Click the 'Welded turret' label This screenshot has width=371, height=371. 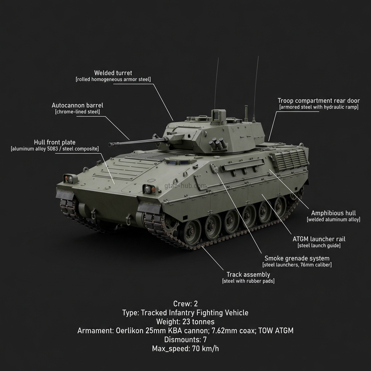(x=113, y=73)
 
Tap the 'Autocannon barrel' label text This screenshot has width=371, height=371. (x=77, y=105)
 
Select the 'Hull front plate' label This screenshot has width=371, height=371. (x=55, y=142)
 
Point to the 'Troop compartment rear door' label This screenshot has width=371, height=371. (x=318, y=101)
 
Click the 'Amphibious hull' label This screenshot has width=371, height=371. (x=333, y=213)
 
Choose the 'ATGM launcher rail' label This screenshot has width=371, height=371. (x=319, y=239)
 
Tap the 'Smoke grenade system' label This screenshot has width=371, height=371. (x=297, y=258)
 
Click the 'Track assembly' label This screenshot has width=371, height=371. (x=248, y=275)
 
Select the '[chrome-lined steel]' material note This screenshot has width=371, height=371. (x=77, y=112)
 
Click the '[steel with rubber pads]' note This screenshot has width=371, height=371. (x=248, y=281)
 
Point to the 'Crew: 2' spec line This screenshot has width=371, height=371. (x=185, y=304)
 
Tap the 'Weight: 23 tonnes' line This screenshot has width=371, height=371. (x=185, y=322)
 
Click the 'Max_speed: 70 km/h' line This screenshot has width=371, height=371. (x=185, y=349)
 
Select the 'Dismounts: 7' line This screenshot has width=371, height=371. (x=185, y=340)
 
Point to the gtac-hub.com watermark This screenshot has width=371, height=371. (x=185, y=186)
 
